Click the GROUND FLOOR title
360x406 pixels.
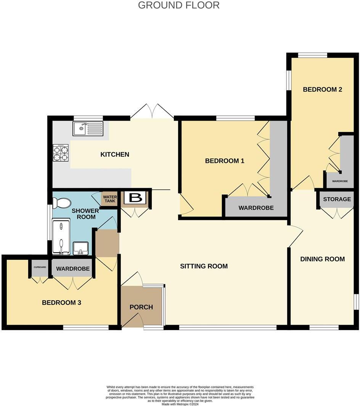tap(178, 5)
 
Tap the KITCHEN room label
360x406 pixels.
tap(115, 155)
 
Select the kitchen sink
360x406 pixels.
tap(88, 129)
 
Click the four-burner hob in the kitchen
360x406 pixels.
tap(61, 153)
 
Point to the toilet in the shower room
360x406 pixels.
tap(61, 203)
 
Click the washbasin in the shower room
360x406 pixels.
tap(80, 248)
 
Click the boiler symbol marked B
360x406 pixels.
tap(135, 198)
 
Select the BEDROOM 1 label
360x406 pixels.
tap(225, 161)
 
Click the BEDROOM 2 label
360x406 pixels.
tap(322, 90)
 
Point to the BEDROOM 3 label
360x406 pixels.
tap(61, 303)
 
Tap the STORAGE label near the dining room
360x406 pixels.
tap(337, 199)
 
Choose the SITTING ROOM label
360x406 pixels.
tap(204, 266)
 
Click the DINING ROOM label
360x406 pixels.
tap(323, 259)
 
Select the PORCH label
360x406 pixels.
tap(141, 307)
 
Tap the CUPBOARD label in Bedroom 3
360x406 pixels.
tap(40, 267)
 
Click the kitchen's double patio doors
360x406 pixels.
tap(152, 111)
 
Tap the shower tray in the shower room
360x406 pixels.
tap(61, 237)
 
